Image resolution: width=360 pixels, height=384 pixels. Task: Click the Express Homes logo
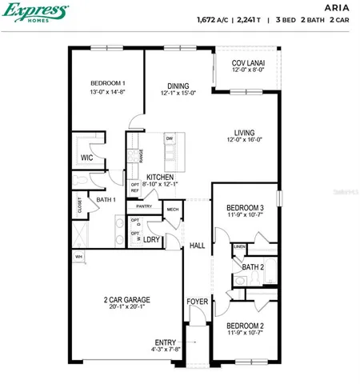(34, 14)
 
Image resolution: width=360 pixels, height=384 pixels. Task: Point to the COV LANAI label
(249, 62)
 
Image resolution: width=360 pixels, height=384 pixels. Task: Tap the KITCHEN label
(160, 177)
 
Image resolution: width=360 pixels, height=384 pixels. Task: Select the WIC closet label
(87, 158)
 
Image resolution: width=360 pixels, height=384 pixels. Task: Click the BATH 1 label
(106, 199)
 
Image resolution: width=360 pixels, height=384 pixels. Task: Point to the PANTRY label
(144, 206)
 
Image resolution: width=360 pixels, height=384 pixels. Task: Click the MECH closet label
(172, 210)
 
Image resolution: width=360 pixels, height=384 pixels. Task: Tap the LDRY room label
(151, 238)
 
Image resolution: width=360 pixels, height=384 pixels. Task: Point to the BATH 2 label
(253, 266)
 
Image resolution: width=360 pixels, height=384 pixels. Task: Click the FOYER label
(197, 302)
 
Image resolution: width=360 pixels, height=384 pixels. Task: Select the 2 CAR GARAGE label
(126, 300)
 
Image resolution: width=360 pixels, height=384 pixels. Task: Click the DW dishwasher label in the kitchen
(170, 138)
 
